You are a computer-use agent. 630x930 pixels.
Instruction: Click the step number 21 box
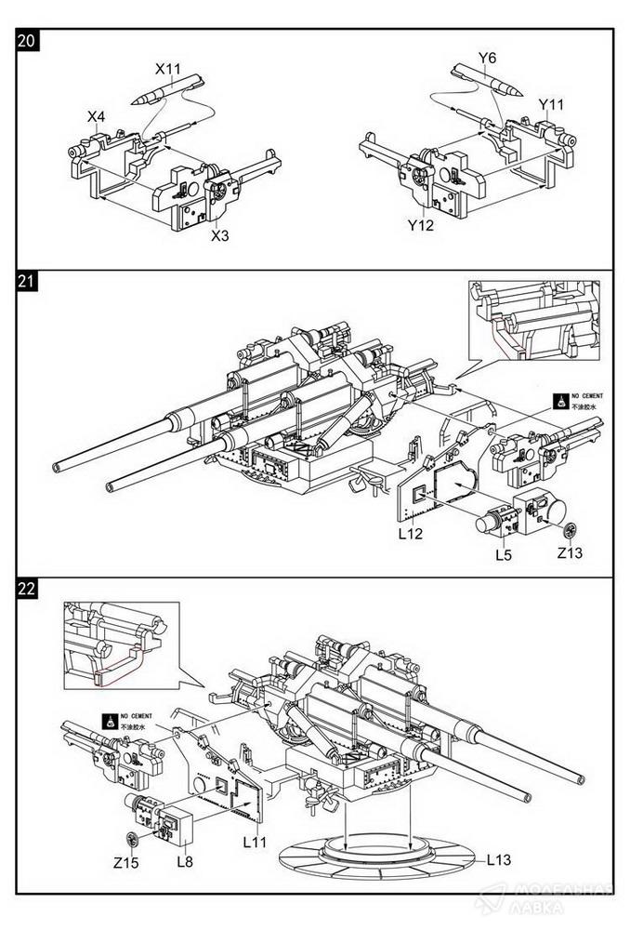tap(27, 284)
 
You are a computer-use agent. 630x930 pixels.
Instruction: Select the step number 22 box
tap(27, 589)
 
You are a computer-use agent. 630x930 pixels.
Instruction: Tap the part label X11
tap(168, 69)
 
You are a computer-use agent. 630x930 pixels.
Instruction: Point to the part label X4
tap(97, 116)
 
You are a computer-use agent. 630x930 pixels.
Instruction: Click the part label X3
tap(220, 235)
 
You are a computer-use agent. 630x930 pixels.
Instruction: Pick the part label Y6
tap(487, 59)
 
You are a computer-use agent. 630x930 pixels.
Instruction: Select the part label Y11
tap(552, 104)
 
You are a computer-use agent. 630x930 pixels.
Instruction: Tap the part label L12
tap(411, 536)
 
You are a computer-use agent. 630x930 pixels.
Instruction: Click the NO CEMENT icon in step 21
tap(561, 402)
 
